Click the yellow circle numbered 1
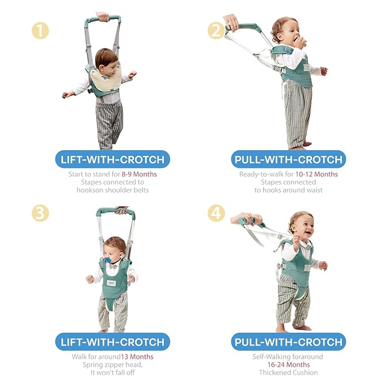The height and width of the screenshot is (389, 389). [40, 30]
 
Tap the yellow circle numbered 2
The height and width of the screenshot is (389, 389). [216, 30]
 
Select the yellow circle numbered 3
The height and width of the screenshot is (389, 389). [40, 213]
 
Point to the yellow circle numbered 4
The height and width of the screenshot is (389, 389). [216, 213]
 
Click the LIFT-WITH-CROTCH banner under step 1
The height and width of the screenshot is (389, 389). [113, 159]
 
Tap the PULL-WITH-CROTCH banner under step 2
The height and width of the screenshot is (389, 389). [289, 159]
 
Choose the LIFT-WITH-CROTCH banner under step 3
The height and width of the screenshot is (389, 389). [113, 341]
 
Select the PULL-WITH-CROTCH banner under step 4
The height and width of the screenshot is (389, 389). [289, 341]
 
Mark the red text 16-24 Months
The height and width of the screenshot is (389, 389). [289, 365]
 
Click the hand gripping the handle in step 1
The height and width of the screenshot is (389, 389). [103, 17]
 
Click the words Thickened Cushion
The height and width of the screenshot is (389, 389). [289, 373]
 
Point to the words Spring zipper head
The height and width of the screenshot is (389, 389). [112, 365]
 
